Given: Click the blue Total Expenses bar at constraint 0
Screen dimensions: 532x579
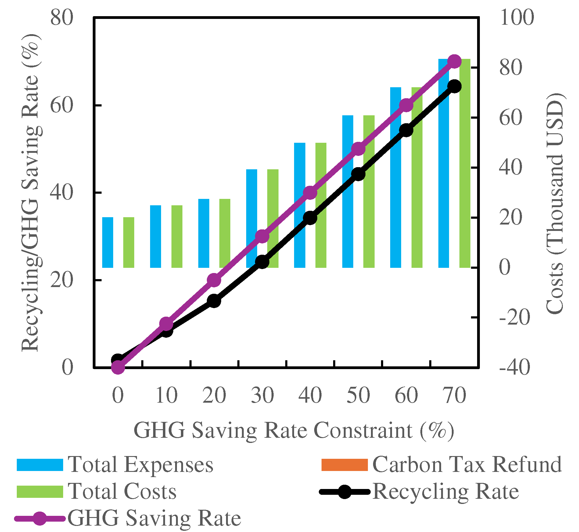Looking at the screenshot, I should pos(107,243).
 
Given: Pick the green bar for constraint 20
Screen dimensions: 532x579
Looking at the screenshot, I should pos(225,233).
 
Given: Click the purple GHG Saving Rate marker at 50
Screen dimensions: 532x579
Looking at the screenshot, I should pos(358,149).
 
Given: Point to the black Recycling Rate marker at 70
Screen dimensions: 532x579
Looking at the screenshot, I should pos(455,86).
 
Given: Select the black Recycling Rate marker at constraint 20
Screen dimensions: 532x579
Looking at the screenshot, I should pos(214,301).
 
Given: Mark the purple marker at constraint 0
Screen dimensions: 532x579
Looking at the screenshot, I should pos(118,367).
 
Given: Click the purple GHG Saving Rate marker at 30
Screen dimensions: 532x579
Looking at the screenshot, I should pos(262,236).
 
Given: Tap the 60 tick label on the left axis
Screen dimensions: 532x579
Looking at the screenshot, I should pos(62,106).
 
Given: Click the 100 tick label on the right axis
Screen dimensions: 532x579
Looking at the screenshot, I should pos(517,18).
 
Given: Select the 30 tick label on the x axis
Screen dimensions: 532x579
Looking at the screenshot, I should pos(262,396).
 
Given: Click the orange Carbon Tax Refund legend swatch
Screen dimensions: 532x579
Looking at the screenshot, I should pos(344,465).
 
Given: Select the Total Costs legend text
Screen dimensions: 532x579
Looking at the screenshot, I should pos(122,491).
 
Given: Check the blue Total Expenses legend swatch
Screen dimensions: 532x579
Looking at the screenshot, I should pos(40,465).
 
